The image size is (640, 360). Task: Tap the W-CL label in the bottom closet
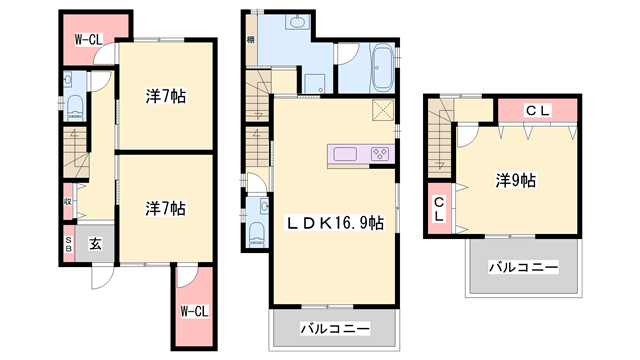tap(194, 310)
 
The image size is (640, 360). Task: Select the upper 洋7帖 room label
tap(166, 97)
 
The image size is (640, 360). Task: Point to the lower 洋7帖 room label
tap(166, 208)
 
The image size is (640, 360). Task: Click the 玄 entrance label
tap(92, 241)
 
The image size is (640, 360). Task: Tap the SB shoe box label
tap(68, 243)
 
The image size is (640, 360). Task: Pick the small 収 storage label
tap(68, 201)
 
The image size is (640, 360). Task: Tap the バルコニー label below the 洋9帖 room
tap(522, 266)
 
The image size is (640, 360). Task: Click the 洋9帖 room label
tap(516, 181)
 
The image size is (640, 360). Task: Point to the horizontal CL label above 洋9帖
tap(537, 110)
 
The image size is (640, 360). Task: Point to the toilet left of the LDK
tap(257, 231)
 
